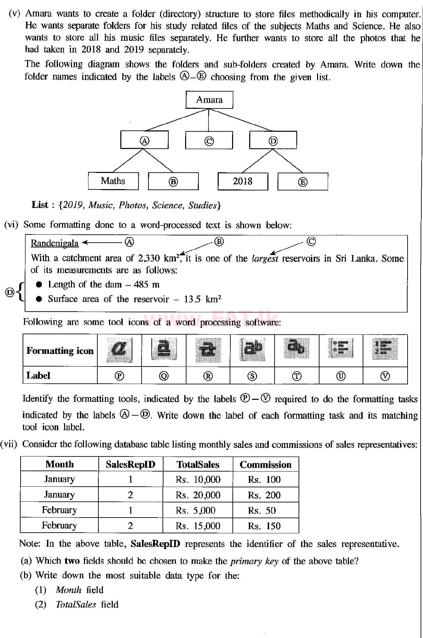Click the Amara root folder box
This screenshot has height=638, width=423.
point(209,100)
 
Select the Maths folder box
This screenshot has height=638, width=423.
point(113,181)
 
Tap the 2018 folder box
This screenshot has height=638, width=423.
point(242,181)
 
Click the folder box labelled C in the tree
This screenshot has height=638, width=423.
point(209,140)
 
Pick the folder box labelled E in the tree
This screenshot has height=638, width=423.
point(302,182)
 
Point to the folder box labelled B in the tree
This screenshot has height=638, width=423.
point(173,181)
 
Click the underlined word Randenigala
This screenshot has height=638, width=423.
point(55,243)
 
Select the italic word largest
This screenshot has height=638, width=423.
point(265,258)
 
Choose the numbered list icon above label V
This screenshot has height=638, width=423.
point(385,349)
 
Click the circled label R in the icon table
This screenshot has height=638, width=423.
point(208,376)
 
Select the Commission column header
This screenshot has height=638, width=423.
point(265,465)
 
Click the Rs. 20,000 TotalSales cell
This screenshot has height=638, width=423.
point(198,495)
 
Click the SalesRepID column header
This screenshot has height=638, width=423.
point(130,465)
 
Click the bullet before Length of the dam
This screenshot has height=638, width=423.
point(39,285)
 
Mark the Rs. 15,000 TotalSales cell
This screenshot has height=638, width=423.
point(198,526)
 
